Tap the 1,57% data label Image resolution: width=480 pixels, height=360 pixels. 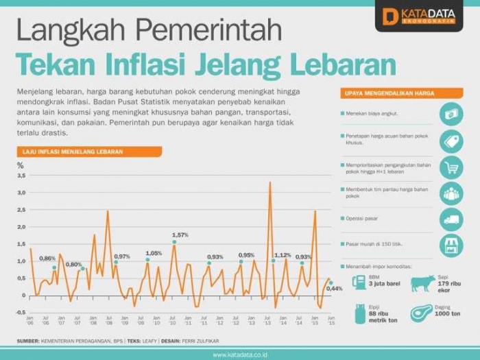tap(180, 235)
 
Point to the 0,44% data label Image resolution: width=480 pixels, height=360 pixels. tap(334, 289)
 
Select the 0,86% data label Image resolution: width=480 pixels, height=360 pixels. tap(47, 258)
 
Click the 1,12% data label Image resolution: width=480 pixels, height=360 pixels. tap(283, 255)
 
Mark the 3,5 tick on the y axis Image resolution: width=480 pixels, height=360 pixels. tap(21, 176)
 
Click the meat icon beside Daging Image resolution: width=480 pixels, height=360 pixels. tap(422, 313)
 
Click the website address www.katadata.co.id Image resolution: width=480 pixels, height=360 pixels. tap(239, 355)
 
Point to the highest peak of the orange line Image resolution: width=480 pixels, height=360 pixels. tap(270, 183)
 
